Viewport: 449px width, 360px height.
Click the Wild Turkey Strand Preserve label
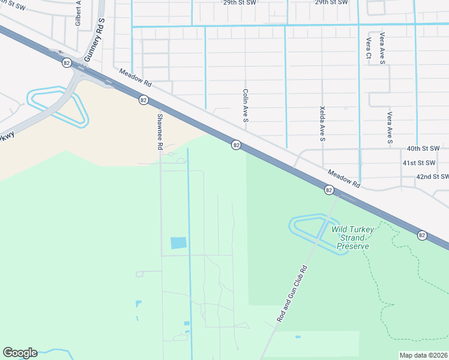[352, 238]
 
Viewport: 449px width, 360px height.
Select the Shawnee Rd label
[160, 131]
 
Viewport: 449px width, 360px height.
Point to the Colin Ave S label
[246, 106]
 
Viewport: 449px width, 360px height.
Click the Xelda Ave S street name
[322, 125]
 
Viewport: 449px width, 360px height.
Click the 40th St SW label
[423, 148]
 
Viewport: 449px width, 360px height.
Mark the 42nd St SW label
[432, 177]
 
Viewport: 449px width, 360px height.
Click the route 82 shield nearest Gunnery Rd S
[66, 62]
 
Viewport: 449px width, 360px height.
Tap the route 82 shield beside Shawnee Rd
[143, 100]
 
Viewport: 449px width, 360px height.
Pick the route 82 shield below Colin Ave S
[237, 145]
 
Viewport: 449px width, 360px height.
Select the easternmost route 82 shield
[423, 235]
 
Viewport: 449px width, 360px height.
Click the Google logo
[20, 353]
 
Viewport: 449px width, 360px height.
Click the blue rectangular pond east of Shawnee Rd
[178, 243]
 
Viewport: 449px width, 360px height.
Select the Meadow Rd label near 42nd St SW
[344, 178]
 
